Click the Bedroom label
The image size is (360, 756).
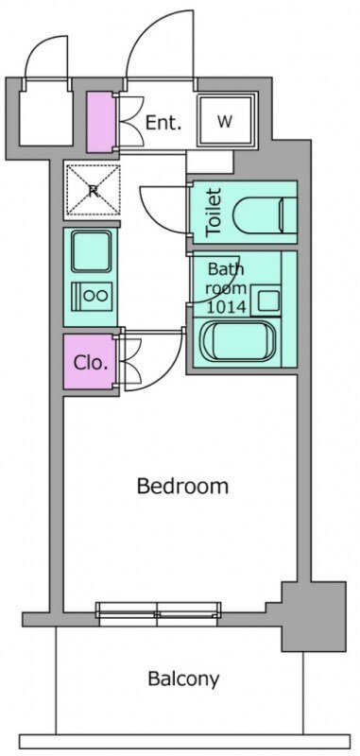pyautogui.click(x=182, y=486)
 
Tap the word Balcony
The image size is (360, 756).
pyautogui.click(x=183, y=679)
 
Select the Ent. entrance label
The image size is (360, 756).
pyautogui.click(x=163, y=123)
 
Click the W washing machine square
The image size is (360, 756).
pyautogui.click(x=226, y=120)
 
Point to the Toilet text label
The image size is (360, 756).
pyautogui.click(x=214, y=212)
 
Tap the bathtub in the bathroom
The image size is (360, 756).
pyautogui.click(x=238, y=341)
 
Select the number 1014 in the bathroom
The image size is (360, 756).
pyautogui.click(x=227, y=305)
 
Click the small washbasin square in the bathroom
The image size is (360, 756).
pyautogui.click(x=267, y=301)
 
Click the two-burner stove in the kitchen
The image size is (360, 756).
pyautogui.click(x=92, y=295)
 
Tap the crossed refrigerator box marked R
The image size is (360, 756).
pyautogui.click(x=93, y=190)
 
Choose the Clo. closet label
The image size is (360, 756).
pyautogui.click(x=90, y=363)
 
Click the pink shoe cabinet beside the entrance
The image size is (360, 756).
pyautogui.click(x=101, y=121)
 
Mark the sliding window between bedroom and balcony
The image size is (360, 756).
pyautogui.click(x=158, y=613)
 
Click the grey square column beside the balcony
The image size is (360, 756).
pyautogui.click(x=314, y=616)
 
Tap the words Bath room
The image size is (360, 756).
pyautogui.click(x=226, y=279)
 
